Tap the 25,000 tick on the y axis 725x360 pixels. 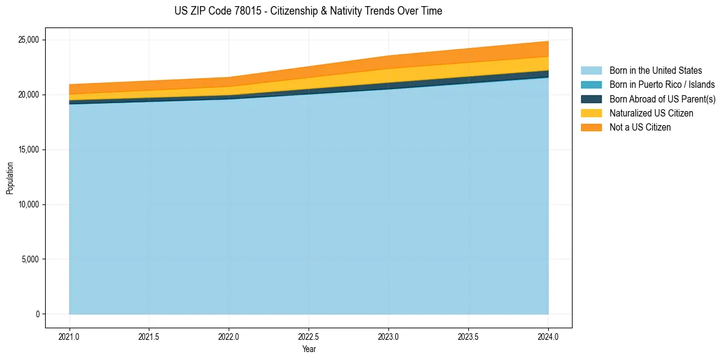(x=29, y=40)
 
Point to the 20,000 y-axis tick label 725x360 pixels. (x=29, y=95)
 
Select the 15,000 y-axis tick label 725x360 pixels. (x=29, y=150)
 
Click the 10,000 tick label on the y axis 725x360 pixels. (x=29, y=205)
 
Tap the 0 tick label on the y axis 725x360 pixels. (x=37, y=314)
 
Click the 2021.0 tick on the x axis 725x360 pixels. (x=70, y=336)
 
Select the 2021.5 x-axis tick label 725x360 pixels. (x=149, y=336)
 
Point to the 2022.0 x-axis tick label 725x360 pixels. (x=229, y=336)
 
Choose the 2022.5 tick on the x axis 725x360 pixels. (x=309, y=336)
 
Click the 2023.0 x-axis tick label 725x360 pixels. (x=389, y=336)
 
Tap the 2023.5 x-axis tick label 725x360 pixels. (x=468, y=336)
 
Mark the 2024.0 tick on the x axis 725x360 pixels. (x=548, y=336)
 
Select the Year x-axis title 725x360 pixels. (x=309, y=349)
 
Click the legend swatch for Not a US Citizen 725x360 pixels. (x=591, y=127)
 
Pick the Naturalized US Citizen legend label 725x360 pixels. (x=651, y=113)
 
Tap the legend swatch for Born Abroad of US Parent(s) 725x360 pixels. (x=591, y=99)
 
